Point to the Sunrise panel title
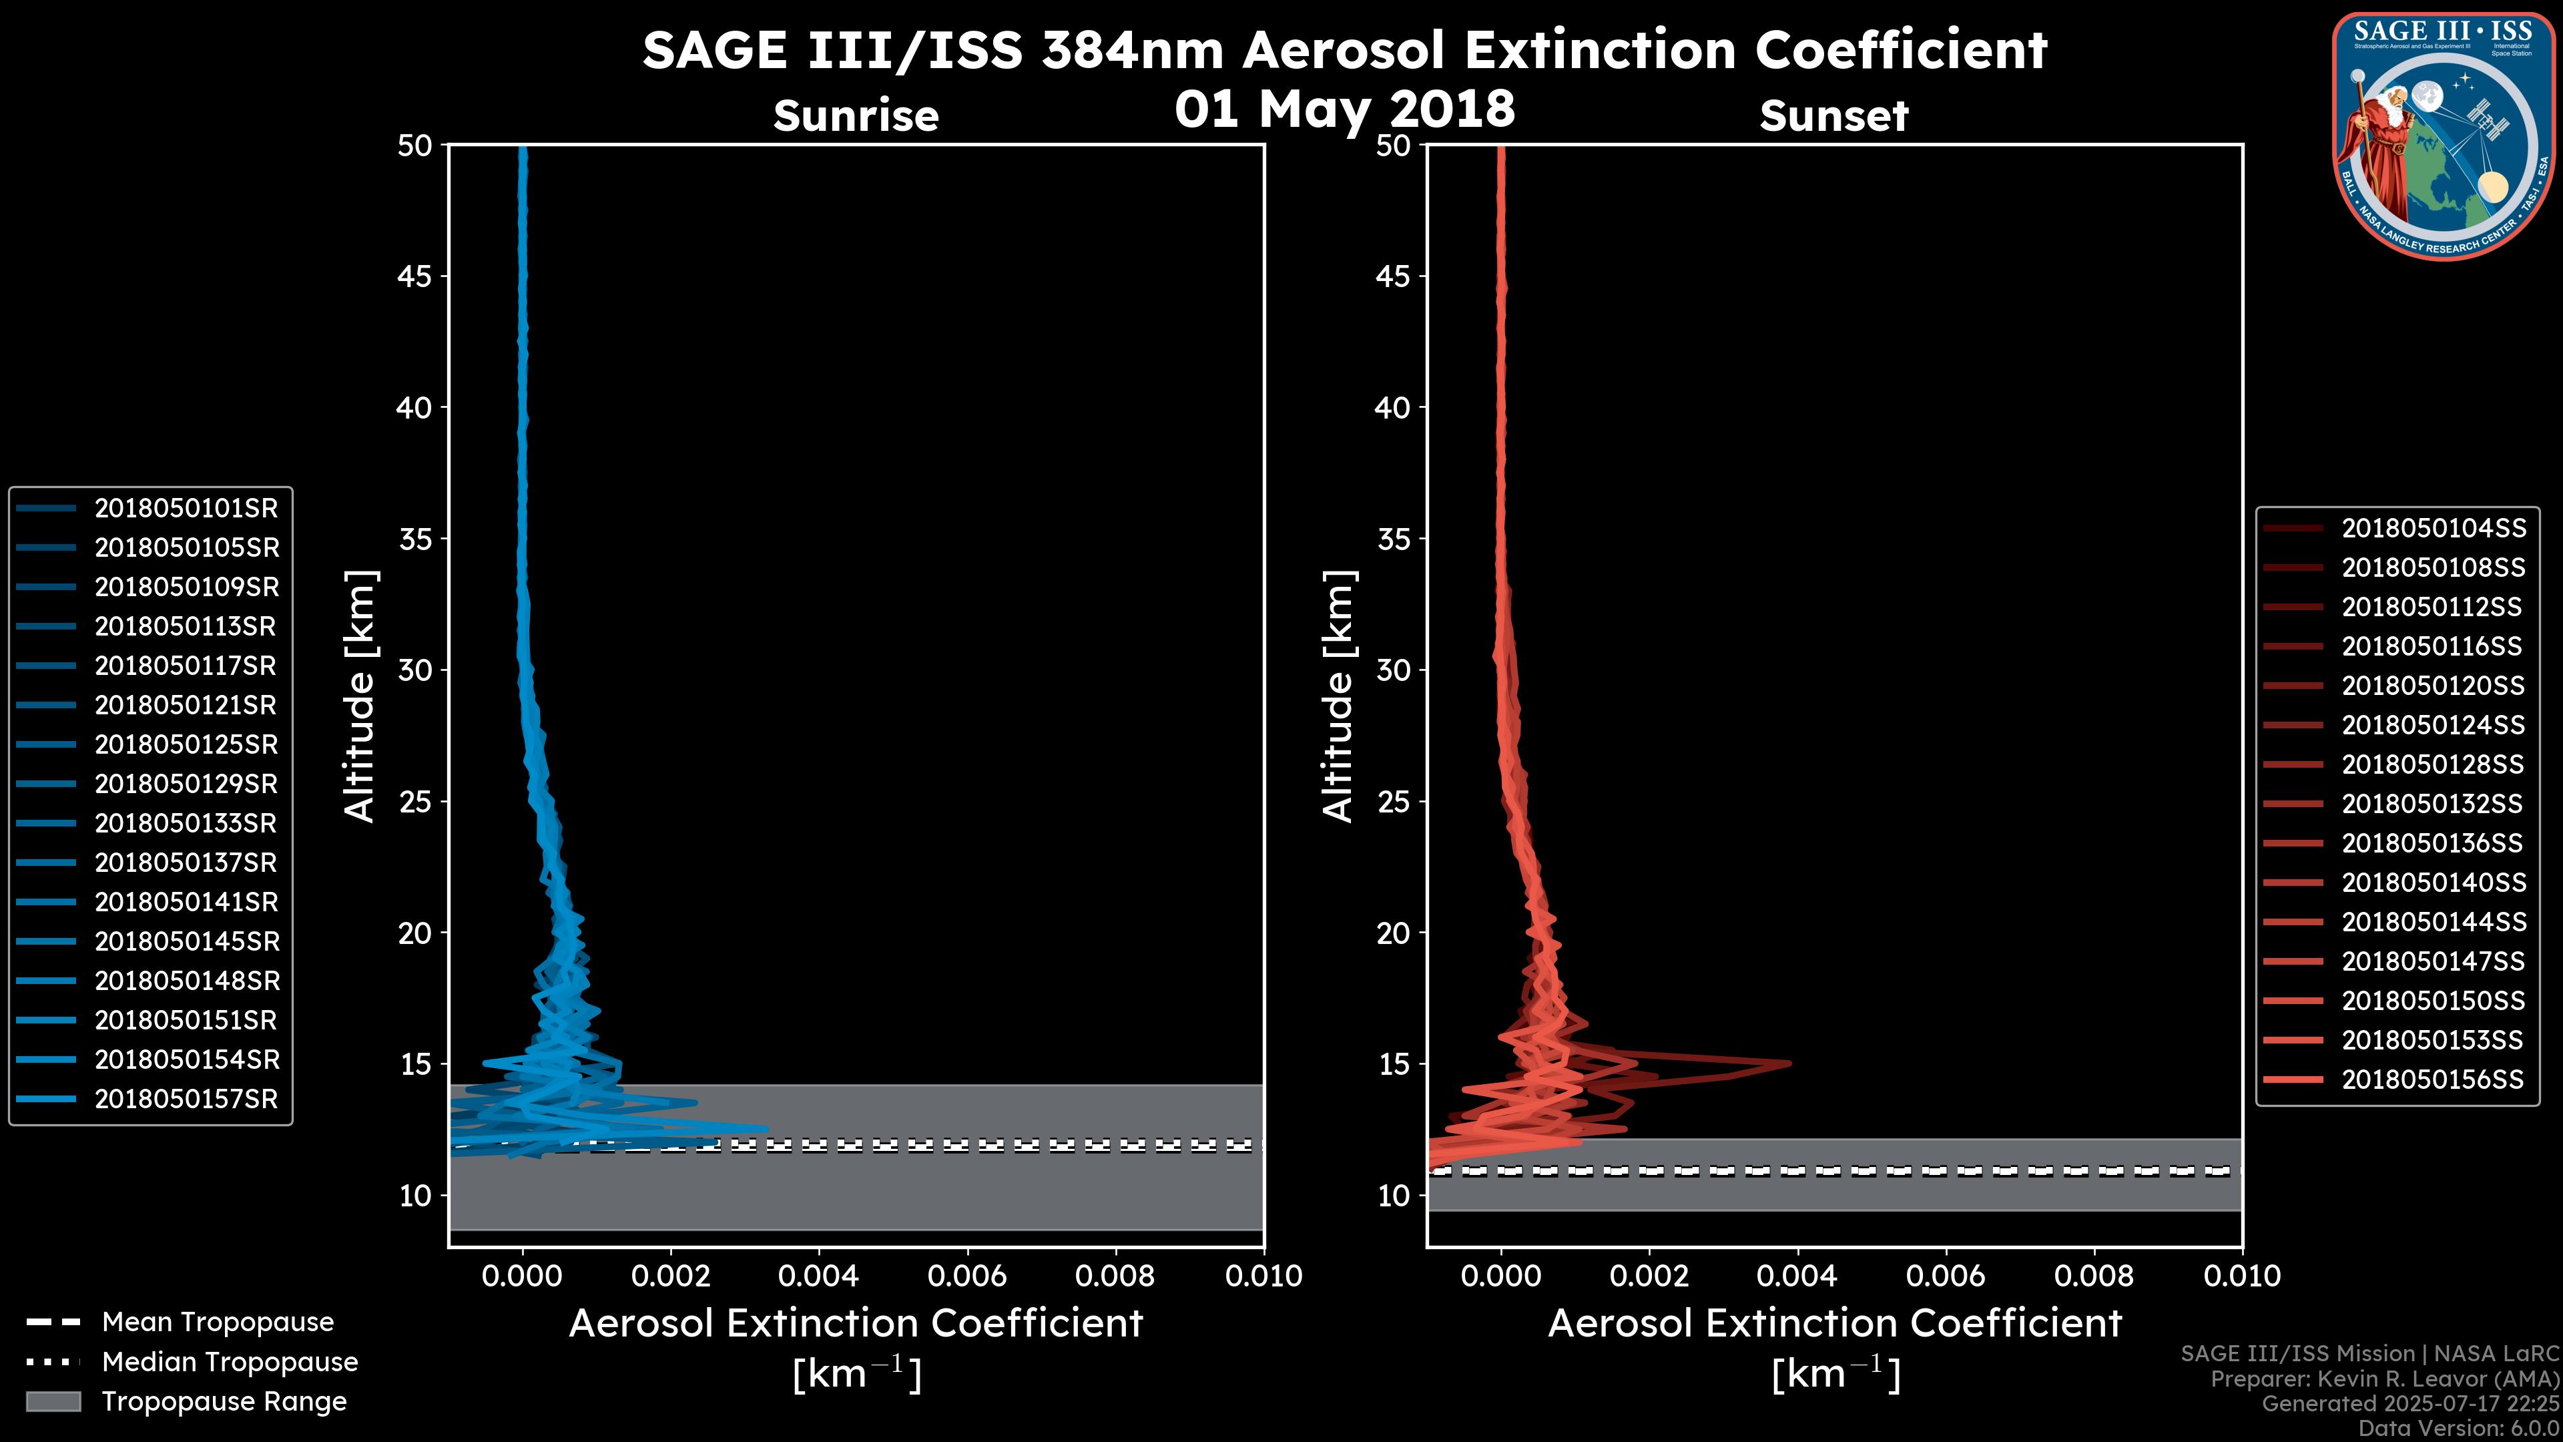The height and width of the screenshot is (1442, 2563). click(856, 115)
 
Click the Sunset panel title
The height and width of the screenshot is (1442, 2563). click(1833, 115)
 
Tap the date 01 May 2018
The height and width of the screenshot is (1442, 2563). click(1344, 108)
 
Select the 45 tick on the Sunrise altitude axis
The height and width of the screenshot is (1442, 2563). click(415, 276)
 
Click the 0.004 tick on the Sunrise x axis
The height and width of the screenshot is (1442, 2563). click(819, 1276)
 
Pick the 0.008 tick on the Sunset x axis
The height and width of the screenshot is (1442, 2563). click(2094, 1276)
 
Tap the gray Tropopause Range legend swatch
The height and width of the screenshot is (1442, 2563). click(53, 1402)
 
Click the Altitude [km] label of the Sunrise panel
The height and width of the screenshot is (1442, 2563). click(360, 696)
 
